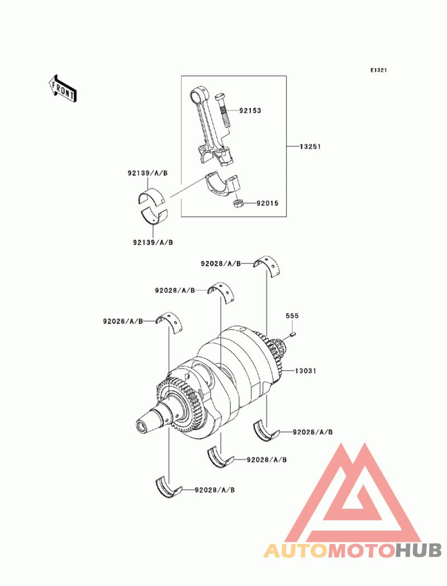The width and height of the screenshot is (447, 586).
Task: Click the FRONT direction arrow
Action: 63,88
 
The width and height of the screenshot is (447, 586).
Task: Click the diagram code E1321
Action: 378,71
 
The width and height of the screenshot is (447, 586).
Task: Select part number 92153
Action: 250,111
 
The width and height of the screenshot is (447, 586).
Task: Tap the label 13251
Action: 310,147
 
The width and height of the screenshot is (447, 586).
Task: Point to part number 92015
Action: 267,203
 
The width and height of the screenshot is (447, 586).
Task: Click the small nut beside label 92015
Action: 238,204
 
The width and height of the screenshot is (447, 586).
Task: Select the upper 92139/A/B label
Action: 148,173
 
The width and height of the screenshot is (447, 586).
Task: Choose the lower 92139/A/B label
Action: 153,242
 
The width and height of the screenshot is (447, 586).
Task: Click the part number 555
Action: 292,316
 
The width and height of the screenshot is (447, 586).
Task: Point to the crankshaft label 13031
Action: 306,371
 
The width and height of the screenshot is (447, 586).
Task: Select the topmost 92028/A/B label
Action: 221,264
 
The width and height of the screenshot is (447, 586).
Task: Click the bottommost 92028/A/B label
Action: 215,490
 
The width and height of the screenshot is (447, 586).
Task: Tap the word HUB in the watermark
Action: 419,550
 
